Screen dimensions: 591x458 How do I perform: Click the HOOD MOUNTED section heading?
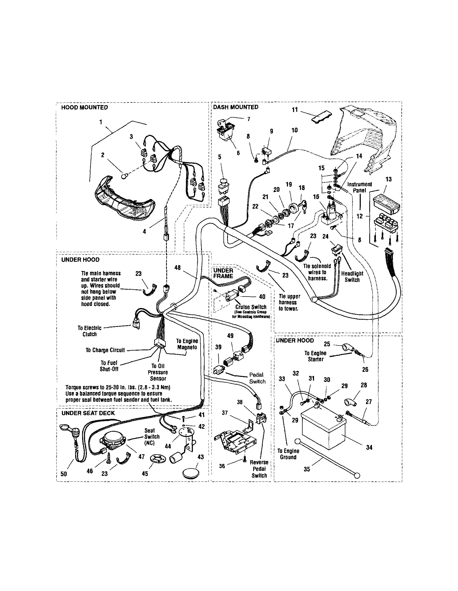(84, 107)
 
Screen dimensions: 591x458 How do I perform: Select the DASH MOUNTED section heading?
(236, 107)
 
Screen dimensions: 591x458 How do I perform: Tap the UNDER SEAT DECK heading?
(88, 413)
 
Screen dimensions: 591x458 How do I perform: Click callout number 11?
(295, 110)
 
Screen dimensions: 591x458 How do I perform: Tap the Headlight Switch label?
(352, 277)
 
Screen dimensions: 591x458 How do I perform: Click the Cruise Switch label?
(251, 307)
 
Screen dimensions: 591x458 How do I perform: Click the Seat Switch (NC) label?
(152, 436)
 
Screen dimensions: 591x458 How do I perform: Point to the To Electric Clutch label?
(90, 331)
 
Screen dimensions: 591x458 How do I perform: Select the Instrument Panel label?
(359, 187)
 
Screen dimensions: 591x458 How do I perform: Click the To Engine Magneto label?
(187, 344)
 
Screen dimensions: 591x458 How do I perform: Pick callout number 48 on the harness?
(177, 268)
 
